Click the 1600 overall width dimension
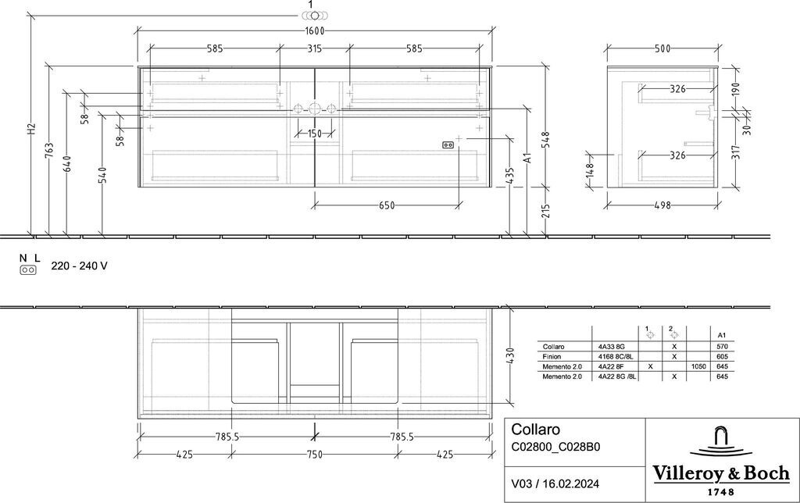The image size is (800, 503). click(315, 30)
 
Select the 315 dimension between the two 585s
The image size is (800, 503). click(315, 48)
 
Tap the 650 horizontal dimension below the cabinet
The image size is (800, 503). click(387, 205)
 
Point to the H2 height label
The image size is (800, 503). click(31, 129)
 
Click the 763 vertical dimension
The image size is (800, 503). click(49, 151)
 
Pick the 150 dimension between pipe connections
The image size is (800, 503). click(315, 134)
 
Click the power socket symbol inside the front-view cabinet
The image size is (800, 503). click(448, 145)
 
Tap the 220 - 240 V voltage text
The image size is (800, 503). click(79, 266)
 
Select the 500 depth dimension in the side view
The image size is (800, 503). click(662, 48)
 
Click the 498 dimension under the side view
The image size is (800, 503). click(662, 205)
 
